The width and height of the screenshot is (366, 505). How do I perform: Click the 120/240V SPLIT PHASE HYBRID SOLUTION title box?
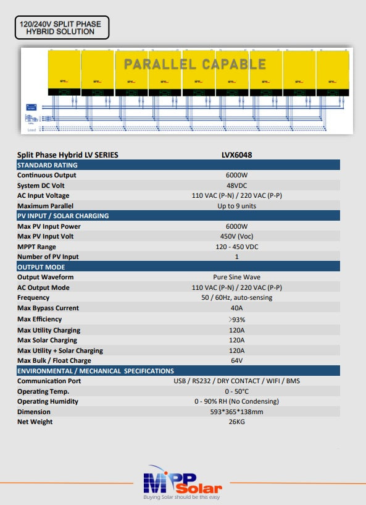(x=61, y=28)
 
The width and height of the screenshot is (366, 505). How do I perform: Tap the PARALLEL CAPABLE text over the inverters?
(x=194, y=64)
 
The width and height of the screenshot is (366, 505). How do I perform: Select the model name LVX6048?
(x=236, y=155)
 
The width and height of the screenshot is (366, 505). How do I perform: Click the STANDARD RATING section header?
(x=48, y=165)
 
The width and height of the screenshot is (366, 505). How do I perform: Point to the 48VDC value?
(x=236, y=185)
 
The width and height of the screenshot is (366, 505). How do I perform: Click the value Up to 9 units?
(x=236, y=206)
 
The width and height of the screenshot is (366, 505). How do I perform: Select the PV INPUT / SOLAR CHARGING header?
(x=63, y=216)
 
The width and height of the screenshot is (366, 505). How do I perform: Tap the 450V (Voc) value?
(x=236, y=236)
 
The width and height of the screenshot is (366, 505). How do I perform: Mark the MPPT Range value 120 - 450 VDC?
(x=236, y=247)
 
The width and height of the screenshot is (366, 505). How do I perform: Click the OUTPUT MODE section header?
(x=41, y=267)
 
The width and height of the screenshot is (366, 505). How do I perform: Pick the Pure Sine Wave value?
(x=236, y=278)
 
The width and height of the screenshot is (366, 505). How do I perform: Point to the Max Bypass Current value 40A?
(x=236, y=308)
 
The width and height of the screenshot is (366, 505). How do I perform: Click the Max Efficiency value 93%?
(x=236, y=320)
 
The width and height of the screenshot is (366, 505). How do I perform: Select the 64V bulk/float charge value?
(x=236, y=360)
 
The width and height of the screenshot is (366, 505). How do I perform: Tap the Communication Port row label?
(x=49, y=381)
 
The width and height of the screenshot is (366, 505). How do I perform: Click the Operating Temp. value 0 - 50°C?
(x=236, y=391)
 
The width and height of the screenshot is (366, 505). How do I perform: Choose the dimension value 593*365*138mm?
(x=236, y=412)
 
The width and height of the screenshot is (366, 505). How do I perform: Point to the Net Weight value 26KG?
(x=236, y=422)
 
